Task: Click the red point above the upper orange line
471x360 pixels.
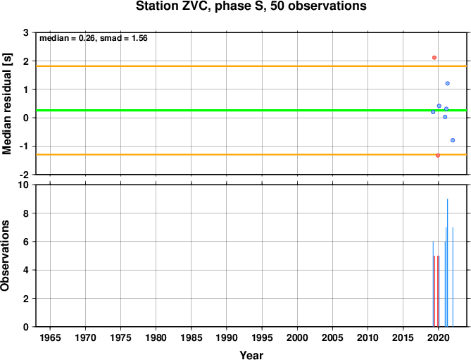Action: tap(434, 57)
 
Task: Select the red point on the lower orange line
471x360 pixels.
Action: tap(438, 156)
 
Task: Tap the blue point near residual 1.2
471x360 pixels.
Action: tap(447, 83)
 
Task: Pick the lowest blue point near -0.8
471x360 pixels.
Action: tap(453, 140)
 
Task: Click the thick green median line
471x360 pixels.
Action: tap(251, 111)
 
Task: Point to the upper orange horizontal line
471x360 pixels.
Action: tap(251, 66)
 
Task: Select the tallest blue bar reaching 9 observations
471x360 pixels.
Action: tap(447, 263)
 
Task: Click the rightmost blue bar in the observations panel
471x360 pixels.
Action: tap(453, 277)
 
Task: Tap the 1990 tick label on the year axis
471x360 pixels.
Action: tap(227, 337)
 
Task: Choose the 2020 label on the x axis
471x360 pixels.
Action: tap(438, 337)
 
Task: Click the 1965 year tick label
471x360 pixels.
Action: tap(50, 337)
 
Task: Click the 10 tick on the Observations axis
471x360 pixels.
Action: tap(23, 185)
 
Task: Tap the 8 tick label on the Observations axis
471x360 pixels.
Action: tap(25, 213)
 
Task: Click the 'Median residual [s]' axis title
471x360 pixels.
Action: tap(6, 104)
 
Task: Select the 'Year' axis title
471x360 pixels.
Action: tap(251, 355)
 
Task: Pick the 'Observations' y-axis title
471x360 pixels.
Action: tap(5, 256)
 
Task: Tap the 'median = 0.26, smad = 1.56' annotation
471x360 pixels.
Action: tap(94, 38)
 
